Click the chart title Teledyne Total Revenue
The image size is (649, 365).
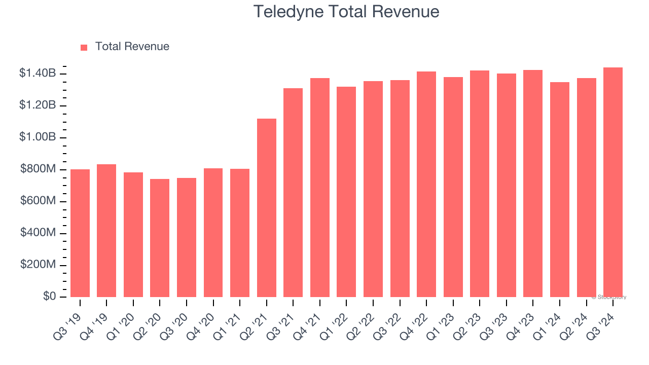[346, 11]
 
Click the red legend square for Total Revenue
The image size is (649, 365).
[84, 47]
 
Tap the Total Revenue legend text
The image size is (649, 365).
[132, 47]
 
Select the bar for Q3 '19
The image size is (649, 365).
[80, 233]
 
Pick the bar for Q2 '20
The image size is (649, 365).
[160, 238]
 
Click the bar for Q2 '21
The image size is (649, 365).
[267, 208]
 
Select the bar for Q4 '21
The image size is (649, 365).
[320, 188]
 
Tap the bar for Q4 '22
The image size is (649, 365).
[426, 185]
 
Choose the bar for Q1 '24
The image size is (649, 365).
[560, 190]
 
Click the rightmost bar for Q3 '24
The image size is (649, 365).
[613, 182]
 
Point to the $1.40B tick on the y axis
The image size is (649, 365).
[38, 74]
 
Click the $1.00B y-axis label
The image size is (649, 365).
[38, 137]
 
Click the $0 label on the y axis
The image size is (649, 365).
[49, 297]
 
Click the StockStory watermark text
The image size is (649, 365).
[609, 298]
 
